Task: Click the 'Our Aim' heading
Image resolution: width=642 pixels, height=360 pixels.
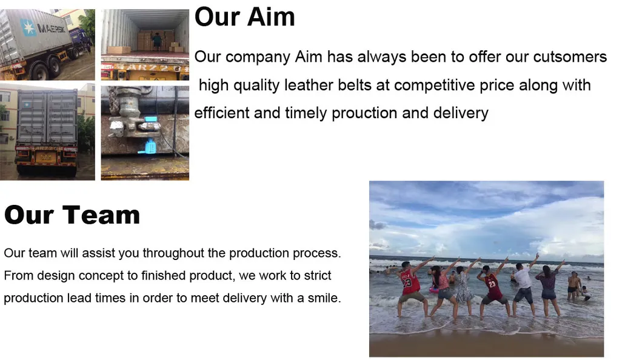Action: [244, 17]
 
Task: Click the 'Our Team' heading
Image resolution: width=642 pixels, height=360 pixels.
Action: [72, 215]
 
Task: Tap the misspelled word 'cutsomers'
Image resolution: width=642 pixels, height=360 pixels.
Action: [570, 57]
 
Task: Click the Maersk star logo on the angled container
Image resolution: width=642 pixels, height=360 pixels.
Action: [28, 26]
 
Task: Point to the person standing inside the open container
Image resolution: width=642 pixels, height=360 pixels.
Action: [157, 41]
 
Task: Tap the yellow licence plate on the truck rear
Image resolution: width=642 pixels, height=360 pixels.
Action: [46, 156]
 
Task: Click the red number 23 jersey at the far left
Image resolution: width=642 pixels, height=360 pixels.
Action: [411, 282]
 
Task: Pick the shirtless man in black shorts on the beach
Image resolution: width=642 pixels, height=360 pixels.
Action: [573, 284]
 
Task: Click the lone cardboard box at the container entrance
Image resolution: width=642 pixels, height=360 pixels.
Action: [119, 50]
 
